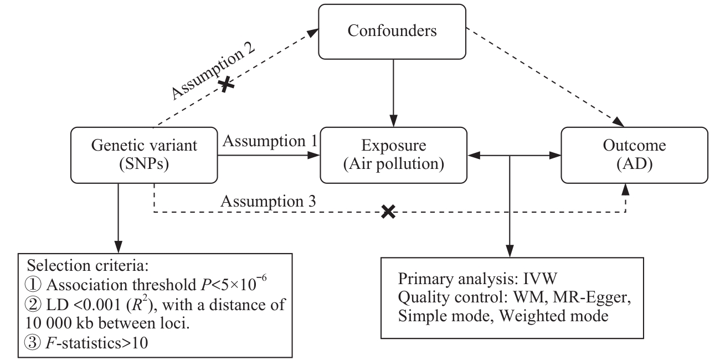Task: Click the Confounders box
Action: [392, 31]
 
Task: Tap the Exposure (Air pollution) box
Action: [394, 155]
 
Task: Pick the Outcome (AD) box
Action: [634, 155]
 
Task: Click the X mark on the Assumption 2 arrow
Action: [225, 85]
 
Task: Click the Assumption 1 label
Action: [269, 142]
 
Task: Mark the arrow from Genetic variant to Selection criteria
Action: [117, 216]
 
